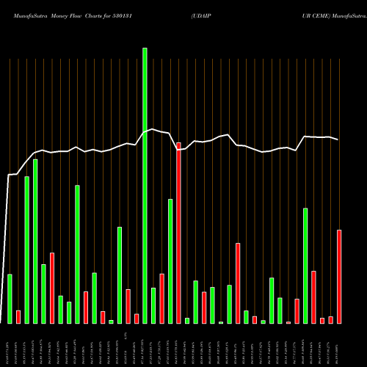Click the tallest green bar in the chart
145,183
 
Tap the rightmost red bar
339,277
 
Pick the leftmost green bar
10,299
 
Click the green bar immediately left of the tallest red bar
170,261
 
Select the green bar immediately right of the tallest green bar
153,305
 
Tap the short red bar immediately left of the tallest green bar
137,319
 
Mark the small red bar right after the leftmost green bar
18,316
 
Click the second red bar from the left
52,288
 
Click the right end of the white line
338,139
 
